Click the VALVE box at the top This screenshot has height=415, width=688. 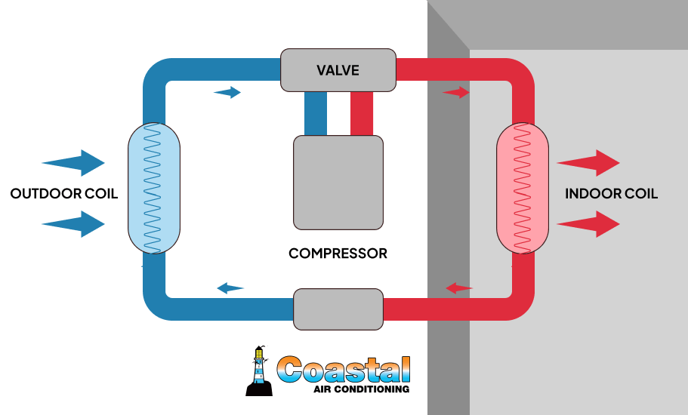click(338, 70)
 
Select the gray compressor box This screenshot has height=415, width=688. click(338, 182)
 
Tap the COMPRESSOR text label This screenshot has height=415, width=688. click(338, 254)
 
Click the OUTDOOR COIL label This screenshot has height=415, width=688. click(64, 194)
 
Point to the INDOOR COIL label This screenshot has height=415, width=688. click(611, 194)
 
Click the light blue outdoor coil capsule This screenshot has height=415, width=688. click(154, 188)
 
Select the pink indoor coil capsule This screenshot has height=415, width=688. click(522, 188)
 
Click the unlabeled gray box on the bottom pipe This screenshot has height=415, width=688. click(338, 309)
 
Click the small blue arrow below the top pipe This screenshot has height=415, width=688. click(227, 93)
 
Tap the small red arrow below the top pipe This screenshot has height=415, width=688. click(456, 93)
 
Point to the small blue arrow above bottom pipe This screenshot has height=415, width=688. click(230, 288)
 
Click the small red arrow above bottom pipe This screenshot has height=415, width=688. click(459, 288)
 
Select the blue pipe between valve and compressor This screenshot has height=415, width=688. click(315, 113)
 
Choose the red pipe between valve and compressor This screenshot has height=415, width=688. click(361, 113)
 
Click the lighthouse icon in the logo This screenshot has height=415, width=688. click(259, 370)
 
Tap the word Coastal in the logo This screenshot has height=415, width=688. click(344, 369)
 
